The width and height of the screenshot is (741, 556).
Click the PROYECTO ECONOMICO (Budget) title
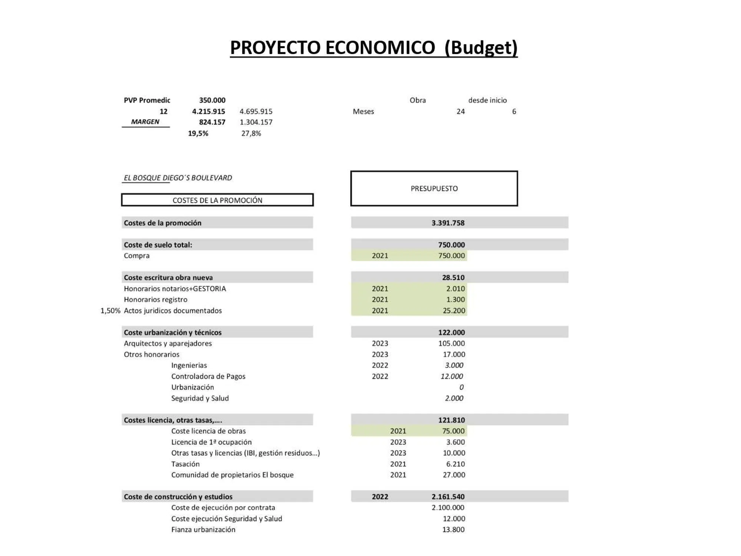(x=373, y=48)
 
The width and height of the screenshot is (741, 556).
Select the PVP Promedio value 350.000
(x=212, y=100)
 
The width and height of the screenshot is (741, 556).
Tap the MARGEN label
(x=145, y=122)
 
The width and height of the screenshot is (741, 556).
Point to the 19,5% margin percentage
(x=198, y=133)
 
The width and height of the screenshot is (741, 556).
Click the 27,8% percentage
(x=251, y=133)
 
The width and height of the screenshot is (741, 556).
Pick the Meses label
(x=363, y=112)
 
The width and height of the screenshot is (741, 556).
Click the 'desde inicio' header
(x=487, y=100)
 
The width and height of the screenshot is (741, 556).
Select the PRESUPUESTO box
(x=434, y=188)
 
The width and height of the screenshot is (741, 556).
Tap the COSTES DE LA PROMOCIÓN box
(x=217, y=200)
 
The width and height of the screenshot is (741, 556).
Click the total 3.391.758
(x=448, y=223)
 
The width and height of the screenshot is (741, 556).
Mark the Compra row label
(x=137, y=256)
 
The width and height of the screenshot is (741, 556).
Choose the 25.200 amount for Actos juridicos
(x=454, y=311)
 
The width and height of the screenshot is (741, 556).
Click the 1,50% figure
(x=110, y=311)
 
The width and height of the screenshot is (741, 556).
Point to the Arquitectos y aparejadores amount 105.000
(x=451, y=343)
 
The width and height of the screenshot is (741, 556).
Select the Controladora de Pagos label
(x=208, y=376)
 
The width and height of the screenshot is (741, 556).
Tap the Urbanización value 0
(x=461, y=387)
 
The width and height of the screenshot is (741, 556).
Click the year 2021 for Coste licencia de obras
(x=398, y=431)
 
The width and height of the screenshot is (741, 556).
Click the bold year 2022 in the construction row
(x=380, y=497)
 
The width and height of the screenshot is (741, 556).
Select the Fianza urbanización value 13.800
(x=453, y=530)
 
